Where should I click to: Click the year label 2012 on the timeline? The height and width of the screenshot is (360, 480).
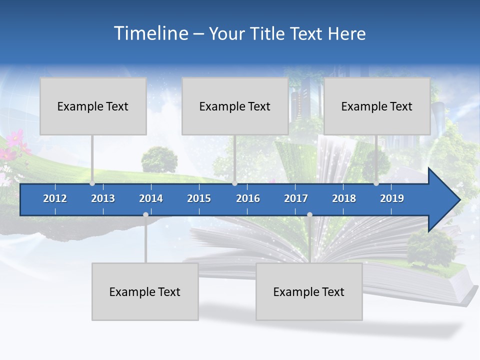coord(55,198)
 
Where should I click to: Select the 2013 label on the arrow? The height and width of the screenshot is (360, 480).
coord(103,198)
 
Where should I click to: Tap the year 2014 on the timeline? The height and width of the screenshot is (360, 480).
coord(151,198)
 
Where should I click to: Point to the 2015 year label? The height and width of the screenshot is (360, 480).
coord(199,198)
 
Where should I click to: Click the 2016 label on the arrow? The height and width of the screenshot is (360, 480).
coord(248,198)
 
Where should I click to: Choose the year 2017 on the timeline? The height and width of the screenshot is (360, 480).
coord(296,198)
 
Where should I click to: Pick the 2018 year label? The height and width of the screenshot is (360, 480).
coord(344,198)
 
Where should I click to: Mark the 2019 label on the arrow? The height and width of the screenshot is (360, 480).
coord(392,198)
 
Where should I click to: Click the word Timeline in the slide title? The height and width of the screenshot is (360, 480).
coord(150,33)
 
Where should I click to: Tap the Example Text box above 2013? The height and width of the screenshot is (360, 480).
coord(93,106)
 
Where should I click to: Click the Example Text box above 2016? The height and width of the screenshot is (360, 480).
coord(235,106)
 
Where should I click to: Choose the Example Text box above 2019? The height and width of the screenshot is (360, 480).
coord(377,106)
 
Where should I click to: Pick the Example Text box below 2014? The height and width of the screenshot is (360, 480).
coord(145,291)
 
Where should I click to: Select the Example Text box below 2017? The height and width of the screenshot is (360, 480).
coord(309,291)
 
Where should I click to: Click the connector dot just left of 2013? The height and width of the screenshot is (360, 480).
coord(92,183)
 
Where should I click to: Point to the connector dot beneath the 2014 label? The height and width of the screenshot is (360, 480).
coord(145,215)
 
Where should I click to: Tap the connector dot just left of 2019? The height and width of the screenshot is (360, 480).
coord(376,183)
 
